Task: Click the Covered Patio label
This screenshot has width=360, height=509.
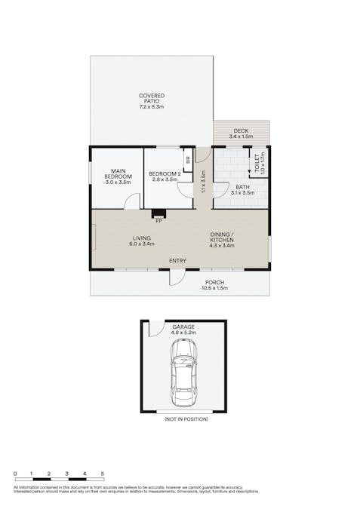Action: point(151,101)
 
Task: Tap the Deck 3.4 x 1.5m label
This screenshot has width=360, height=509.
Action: point(240,133)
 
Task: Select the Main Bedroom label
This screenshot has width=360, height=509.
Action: point(117,176)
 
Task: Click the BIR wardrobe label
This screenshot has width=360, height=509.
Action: point(186,161)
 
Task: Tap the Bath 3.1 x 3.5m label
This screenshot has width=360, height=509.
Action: point(242,189)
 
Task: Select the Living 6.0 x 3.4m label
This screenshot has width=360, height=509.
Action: point(142,241)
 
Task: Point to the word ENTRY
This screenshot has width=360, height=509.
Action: point(177,261)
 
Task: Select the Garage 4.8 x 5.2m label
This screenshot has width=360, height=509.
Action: point(183,329)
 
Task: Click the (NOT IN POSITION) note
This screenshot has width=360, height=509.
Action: point(186,419)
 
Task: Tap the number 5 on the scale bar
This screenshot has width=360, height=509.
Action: point(103,474)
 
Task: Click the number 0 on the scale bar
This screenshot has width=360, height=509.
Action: point(15,474)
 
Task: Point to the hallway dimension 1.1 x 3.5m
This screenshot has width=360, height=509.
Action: point(203,183)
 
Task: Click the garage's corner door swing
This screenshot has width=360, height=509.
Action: point(155,328)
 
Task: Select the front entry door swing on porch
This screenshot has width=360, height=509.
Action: point(176,277)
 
